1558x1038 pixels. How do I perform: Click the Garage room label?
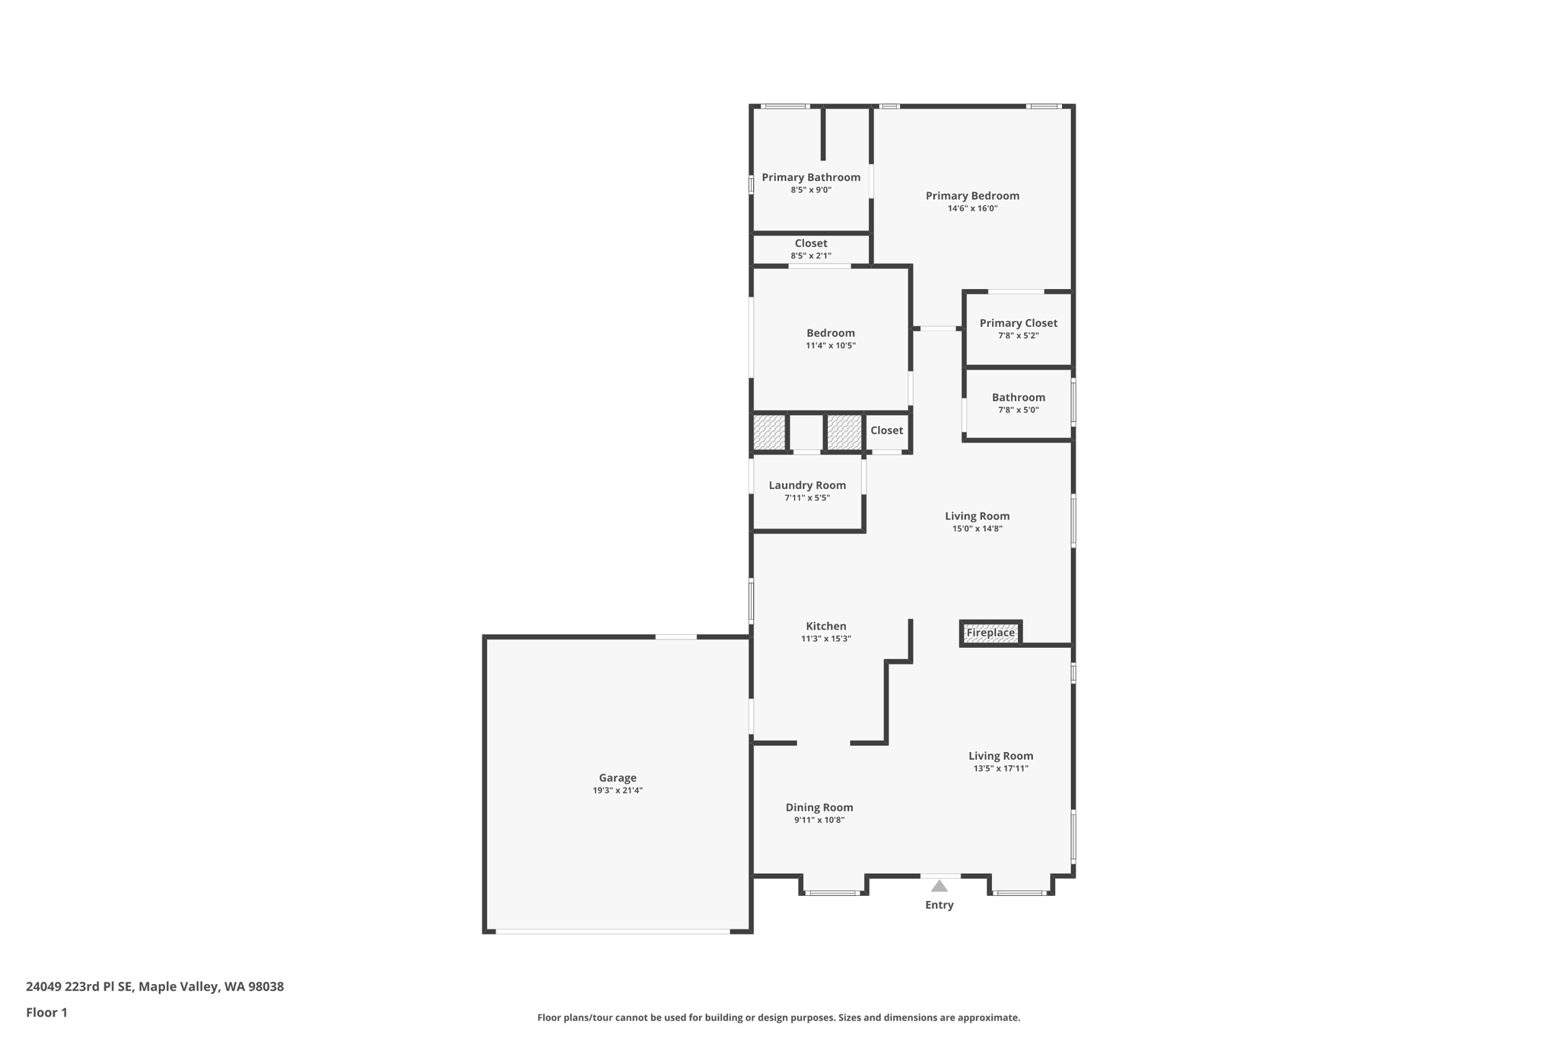(x=617, y=777)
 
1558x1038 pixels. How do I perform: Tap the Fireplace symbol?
(x=990, y=633)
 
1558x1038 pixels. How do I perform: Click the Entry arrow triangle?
(x=940, y=886)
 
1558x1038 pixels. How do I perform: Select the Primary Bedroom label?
(x=972, y=195)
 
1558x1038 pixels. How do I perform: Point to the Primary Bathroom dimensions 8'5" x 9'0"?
(x=811, y=190)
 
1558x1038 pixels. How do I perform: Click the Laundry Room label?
(x=807, y=485)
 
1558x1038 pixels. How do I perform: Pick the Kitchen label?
(x=826, y=626)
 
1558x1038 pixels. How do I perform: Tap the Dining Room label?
(x=819, y=808)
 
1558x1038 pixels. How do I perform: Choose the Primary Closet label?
(x=1018, y=323)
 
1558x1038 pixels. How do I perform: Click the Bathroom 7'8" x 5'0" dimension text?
(x=1018, y=410)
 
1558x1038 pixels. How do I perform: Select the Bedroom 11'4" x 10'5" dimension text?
(x=831, y=345)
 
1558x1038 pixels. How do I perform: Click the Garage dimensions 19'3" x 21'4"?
(x=618, y=790)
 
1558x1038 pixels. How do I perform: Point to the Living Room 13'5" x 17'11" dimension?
(x=1000, y=768)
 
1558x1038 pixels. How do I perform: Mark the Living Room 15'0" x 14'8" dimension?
(x=977, y=529)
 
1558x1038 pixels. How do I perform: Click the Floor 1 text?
(x=46, y=1012)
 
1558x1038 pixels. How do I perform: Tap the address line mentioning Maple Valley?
(x=154, y=986)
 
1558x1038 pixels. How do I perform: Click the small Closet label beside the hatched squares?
(x=886, y=430)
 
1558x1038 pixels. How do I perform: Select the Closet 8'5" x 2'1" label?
(x=811, y=243)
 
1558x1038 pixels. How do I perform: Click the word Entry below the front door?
(x=939, y=905)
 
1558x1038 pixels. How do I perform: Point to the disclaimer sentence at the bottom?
(x=778, y=1017)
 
